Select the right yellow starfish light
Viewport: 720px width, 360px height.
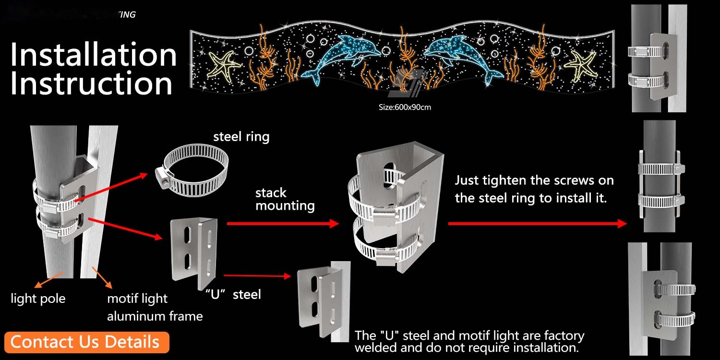click(582, 65)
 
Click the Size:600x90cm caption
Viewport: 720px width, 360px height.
click(405, 107)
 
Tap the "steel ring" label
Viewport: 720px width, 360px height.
click(241, 137)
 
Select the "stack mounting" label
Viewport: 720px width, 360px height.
click(285, 199)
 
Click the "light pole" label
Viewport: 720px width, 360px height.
click(38, 299)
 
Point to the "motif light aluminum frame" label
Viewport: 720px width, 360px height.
click(154, 307)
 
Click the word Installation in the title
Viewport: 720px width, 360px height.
click(94, 55)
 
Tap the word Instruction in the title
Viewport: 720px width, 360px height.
click(91, 84)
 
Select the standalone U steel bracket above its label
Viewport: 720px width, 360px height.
click(194, 252)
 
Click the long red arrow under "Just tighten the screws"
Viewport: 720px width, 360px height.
click(538, 223)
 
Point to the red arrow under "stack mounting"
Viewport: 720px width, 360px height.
click(283, 223)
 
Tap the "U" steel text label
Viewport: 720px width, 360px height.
click(232, 294)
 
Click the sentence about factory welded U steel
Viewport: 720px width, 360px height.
click(469, 341)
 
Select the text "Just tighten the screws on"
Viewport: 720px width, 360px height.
click(534, 181)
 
